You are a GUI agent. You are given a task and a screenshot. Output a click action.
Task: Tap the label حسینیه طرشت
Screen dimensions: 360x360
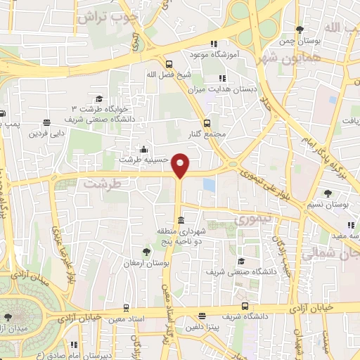(144, 160)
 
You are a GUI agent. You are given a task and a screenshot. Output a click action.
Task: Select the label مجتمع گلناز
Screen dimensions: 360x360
(205, 134)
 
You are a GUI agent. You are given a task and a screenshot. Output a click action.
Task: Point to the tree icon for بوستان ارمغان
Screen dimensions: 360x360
(146, 251)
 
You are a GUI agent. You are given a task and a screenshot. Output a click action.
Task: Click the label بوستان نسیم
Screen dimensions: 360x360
(328, 205)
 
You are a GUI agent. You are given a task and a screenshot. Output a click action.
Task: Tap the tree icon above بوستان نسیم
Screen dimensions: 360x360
(328, 193)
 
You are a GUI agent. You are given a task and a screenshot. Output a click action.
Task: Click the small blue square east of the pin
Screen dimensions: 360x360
(208, 184)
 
